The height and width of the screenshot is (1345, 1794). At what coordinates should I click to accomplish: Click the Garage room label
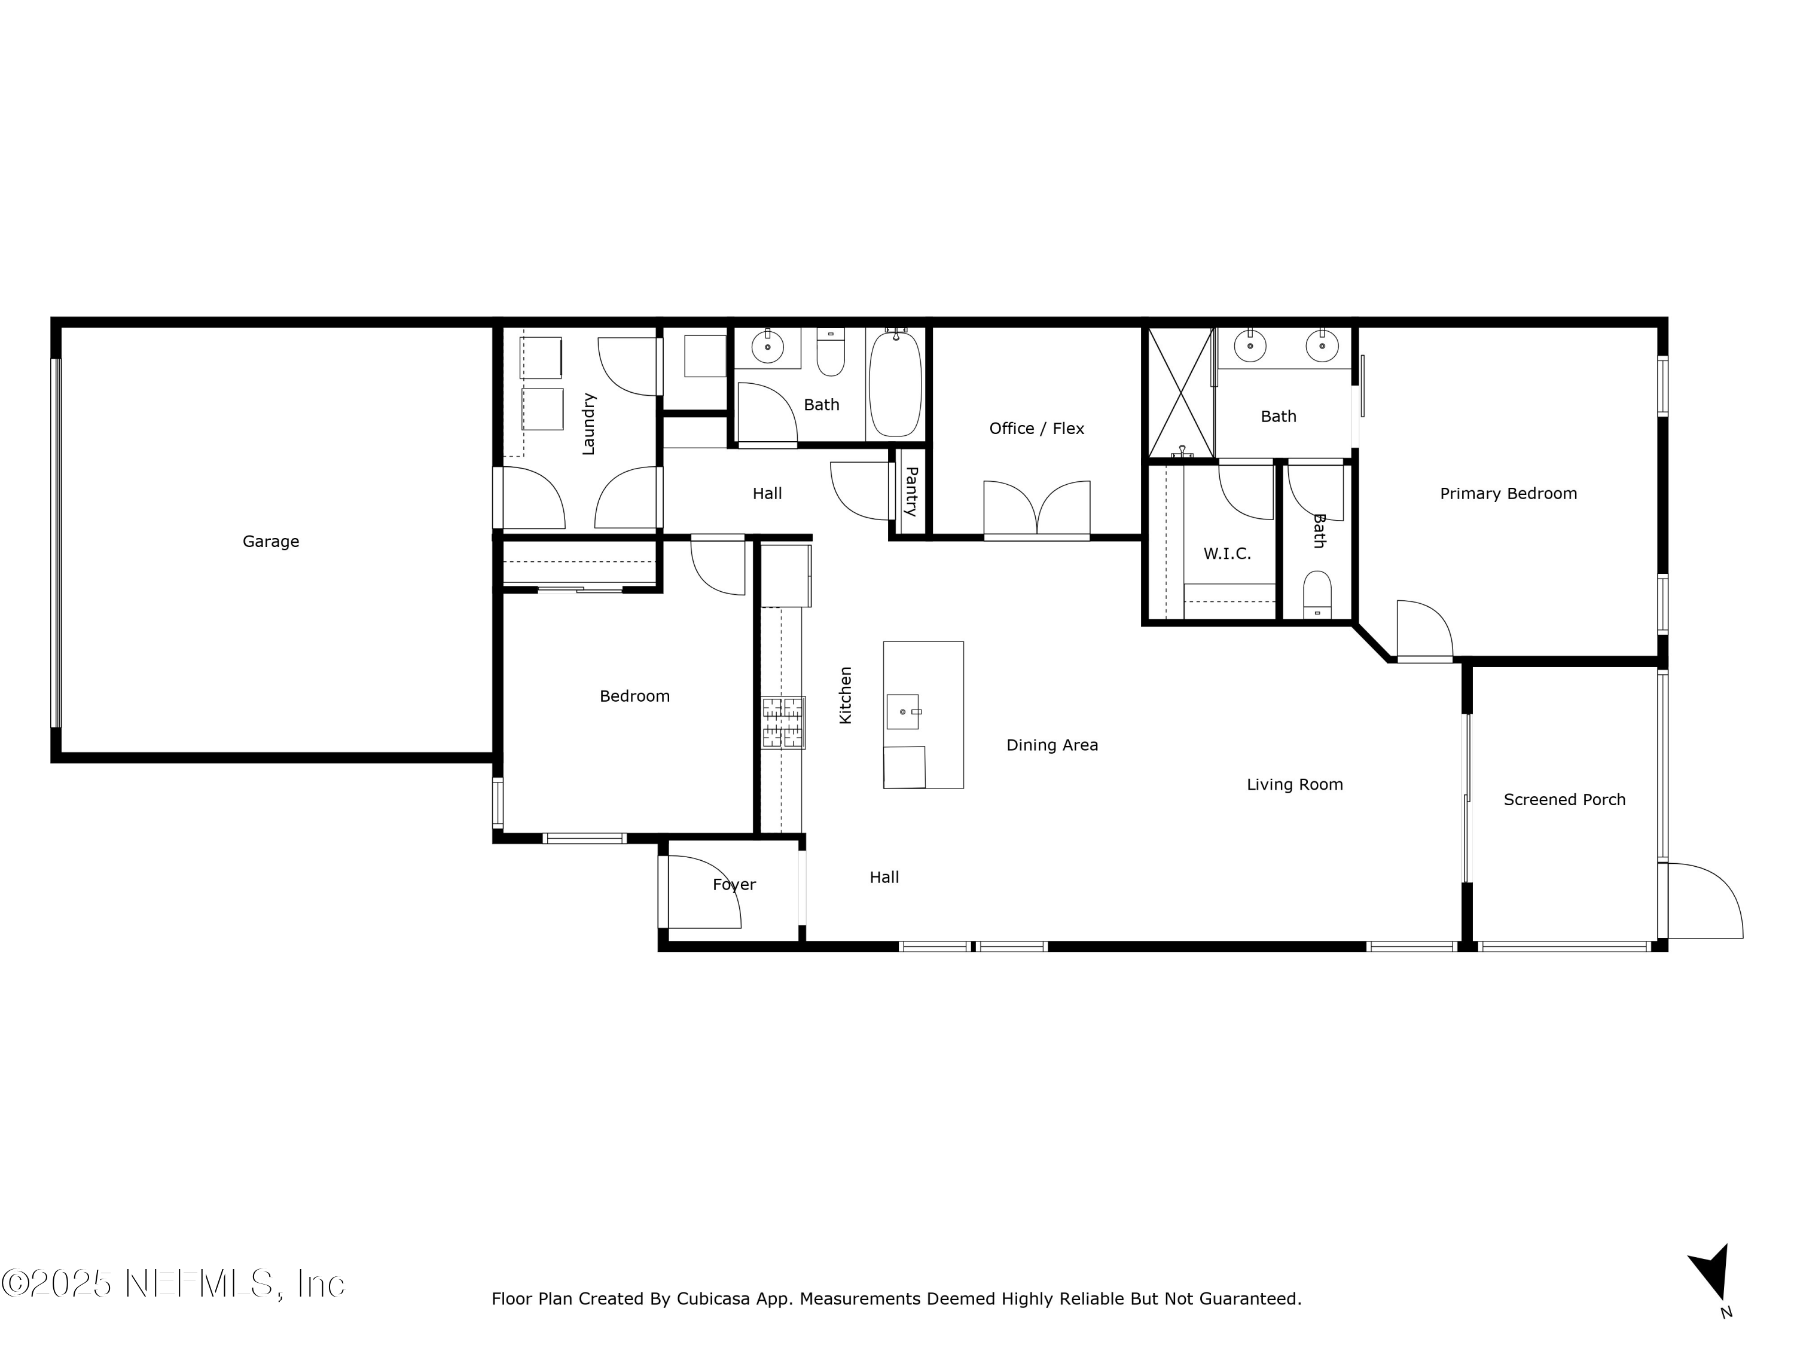[x=271, y=542]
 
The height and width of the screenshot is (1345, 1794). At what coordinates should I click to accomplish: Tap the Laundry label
[x=589, y=424]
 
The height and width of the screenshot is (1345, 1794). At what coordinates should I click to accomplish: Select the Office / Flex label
[x=1036, y=429]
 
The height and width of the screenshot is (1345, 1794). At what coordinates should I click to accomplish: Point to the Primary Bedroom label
[x=1508, y=494]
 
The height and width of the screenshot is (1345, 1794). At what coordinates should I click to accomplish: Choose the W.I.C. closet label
[x=1226, y=554]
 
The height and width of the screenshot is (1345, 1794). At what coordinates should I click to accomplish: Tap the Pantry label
[x=911, y=491]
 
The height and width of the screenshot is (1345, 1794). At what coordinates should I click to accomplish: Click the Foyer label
[x=734, y=885]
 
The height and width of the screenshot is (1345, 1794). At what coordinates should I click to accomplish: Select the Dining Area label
[x=1052, y=745]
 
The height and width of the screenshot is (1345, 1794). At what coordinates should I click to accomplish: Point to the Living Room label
[x=1295, y=785]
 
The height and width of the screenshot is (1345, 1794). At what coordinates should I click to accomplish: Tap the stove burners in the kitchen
[x=783, y=722]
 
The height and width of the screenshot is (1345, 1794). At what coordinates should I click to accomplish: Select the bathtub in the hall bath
[x=895, y=384]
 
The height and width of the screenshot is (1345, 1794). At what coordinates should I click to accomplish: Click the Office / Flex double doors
[x=1036, y=511]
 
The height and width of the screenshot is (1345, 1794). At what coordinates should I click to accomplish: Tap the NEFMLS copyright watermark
[x=173, y=1283]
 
